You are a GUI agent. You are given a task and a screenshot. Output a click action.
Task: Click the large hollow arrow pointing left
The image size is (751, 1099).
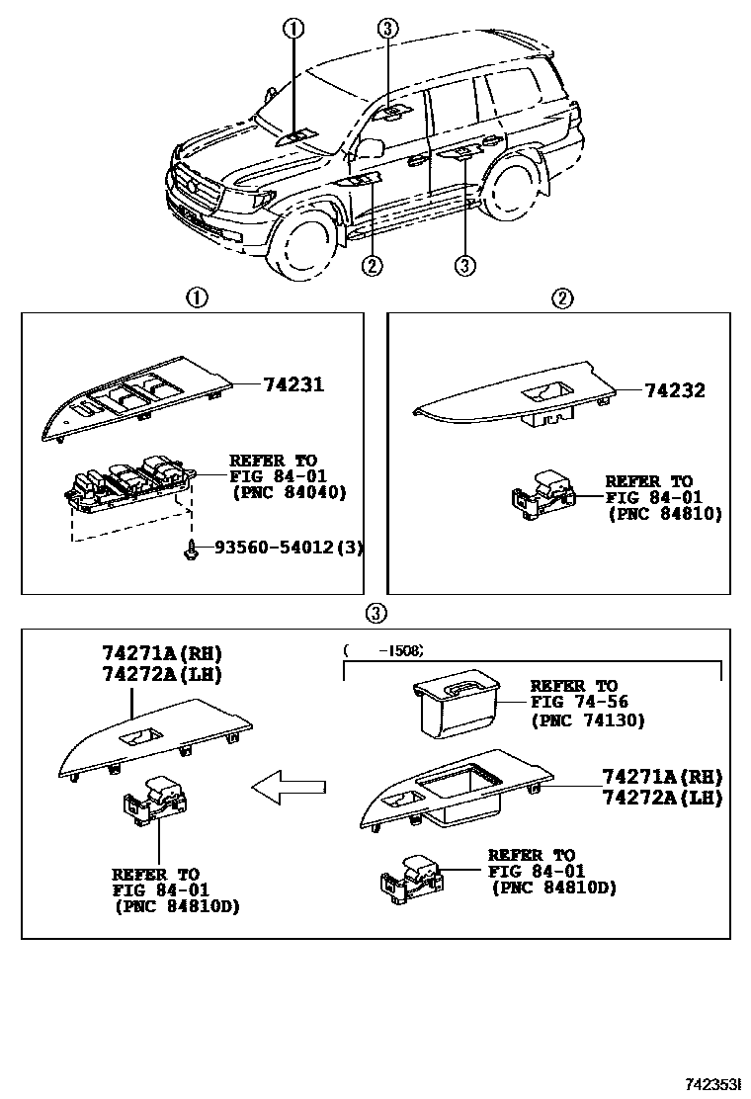(x=289, y=787)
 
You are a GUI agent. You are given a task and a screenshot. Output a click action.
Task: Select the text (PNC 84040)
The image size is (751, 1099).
(x=288, y=492)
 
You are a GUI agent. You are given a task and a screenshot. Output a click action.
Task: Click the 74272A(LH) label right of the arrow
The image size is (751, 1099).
(x=662, y=798)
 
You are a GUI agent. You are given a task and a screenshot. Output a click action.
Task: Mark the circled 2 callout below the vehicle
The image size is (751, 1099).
(x=372, y=264)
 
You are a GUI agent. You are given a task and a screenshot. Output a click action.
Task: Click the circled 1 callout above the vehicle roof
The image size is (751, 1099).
(x=293, y=29)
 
